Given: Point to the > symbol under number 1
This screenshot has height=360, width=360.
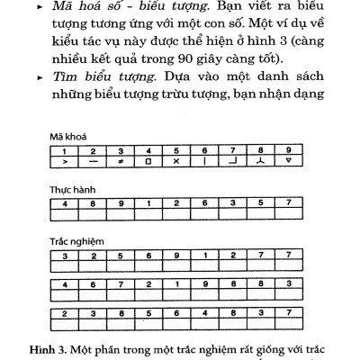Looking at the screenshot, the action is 65,162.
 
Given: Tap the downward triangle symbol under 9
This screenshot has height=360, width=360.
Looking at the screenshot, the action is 286,162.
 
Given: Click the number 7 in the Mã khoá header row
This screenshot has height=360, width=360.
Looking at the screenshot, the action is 232,150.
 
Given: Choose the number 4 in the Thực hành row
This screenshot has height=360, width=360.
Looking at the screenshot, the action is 65,202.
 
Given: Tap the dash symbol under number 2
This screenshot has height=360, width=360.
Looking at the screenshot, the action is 93,162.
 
